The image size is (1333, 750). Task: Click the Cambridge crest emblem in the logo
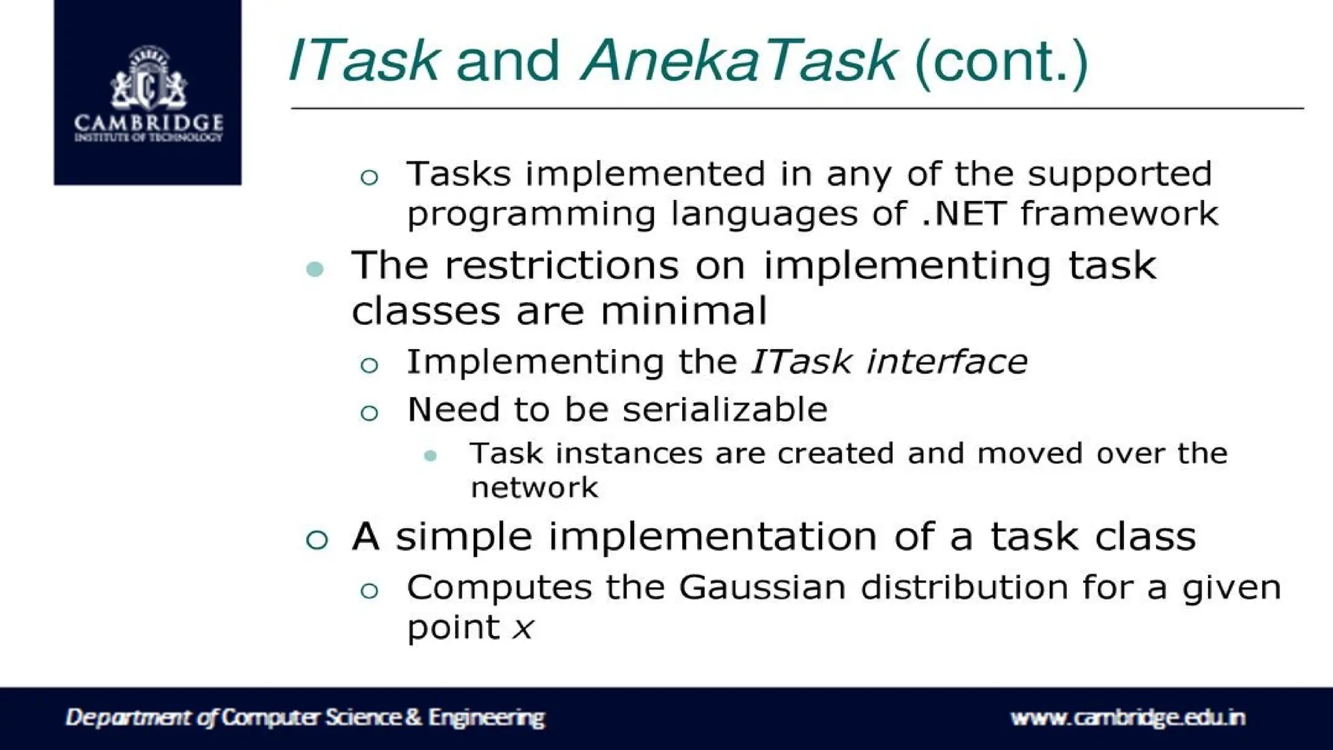(x=148, y=78)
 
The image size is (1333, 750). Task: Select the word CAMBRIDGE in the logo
(x=148, y=122)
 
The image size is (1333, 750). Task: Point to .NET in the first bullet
(x=964, y=214)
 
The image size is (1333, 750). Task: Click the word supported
(x=1120, y=174)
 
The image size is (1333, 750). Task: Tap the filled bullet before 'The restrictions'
(x=315, y=268)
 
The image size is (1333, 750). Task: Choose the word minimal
(x=683, y=311)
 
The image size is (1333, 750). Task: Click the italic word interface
(x=947, y=362)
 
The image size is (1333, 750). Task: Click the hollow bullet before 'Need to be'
(x=369, y=412)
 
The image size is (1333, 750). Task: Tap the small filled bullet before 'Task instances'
(x=430, y=456)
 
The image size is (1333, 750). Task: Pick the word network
(x=534, y=488)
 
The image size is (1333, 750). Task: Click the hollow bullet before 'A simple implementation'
(x=317, y=539)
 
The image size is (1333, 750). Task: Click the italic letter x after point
(x=523, y=629)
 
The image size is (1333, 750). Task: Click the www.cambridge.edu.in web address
(x=1127, y=717)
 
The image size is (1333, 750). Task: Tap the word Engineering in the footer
(x=486, y=717)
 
